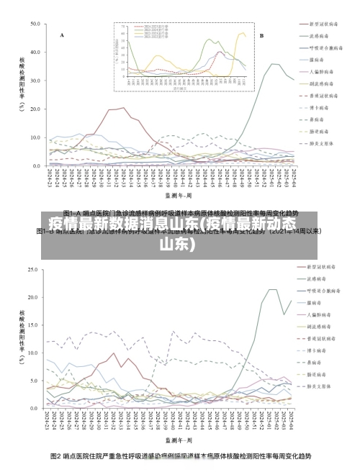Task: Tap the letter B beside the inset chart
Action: tap(261, 35)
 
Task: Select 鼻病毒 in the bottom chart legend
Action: tap(316, 363)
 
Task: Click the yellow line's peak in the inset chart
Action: tap(242, 32)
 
